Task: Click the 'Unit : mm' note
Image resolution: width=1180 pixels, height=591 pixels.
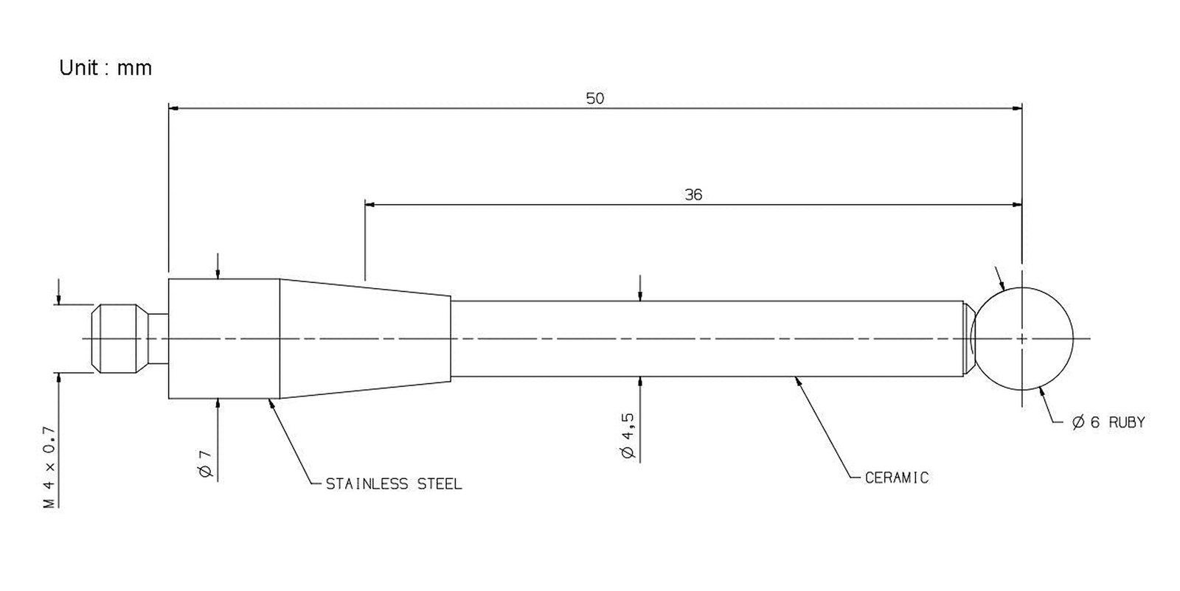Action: coord(105,68)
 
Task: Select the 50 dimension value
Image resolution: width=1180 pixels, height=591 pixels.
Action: coord(595,99)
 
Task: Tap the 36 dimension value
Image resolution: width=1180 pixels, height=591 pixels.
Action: coord(693,195)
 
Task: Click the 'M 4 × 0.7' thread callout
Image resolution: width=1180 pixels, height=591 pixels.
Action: coord(49,467)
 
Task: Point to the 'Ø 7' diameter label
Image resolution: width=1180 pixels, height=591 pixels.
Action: coord(206,464)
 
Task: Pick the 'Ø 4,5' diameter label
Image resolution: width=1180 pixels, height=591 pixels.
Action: coord(628,436)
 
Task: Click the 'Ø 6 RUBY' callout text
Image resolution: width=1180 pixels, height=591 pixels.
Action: coord(1108,422)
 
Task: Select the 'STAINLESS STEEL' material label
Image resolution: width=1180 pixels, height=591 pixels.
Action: coord(394,483)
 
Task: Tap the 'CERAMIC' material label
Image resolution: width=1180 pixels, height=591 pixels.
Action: coord(897,478)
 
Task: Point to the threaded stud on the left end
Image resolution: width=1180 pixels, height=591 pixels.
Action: coord(119,338)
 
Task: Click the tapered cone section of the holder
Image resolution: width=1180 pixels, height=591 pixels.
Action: coord(364,338)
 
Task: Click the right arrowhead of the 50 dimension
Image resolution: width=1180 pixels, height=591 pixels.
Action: coord(1017,108)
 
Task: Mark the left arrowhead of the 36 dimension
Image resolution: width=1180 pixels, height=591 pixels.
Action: coord(369,205)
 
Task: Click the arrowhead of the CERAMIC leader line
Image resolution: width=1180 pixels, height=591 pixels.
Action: coord(797,381)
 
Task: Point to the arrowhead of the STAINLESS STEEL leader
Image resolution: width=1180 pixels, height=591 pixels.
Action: coord(271,403)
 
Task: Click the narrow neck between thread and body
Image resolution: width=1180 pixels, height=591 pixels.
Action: coord(158,338)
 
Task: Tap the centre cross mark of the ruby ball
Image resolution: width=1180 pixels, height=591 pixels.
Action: coord(1022,338)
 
